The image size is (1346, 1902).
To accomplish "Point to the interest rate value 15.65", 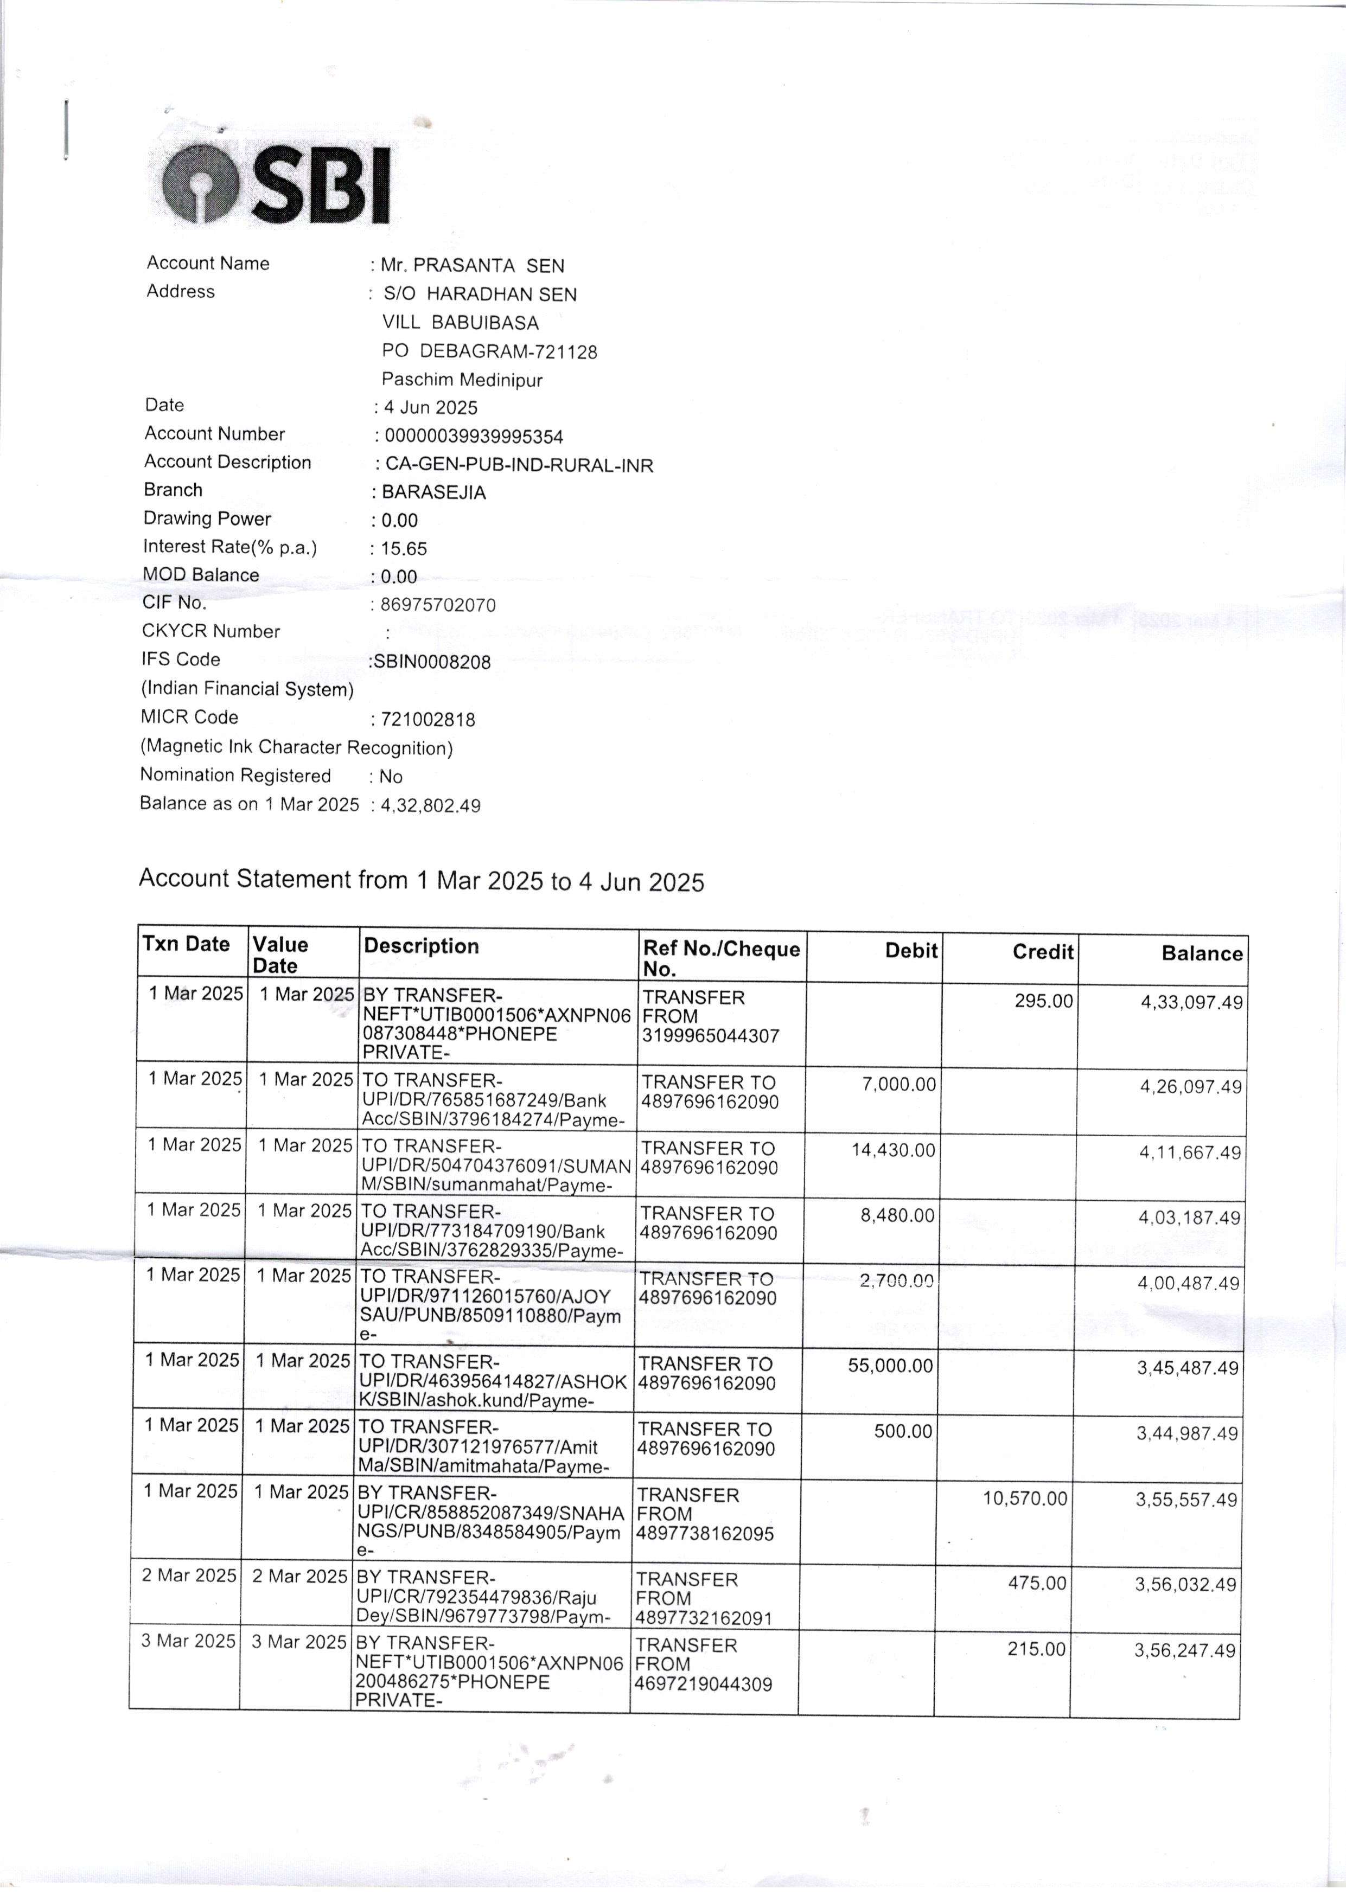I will pyautogui.click(x=404, y=548).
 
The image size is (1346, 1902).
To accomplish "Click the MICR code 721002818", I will pyautogui.click(x=428, y=719).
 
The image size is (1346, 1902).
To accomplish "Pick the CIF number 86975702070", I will pyautogui.click(x=438, y=605).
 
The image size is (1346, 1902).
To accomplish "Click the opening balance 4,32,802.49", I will pyautogui.click(x=430, y=805).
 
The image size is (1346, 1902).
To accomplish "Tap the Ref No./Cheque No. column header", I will pyautogui.click(x=720, y=958).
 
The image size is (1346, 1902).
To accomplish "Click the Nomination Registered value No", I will pyautogui.click(x=391, y=776).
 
